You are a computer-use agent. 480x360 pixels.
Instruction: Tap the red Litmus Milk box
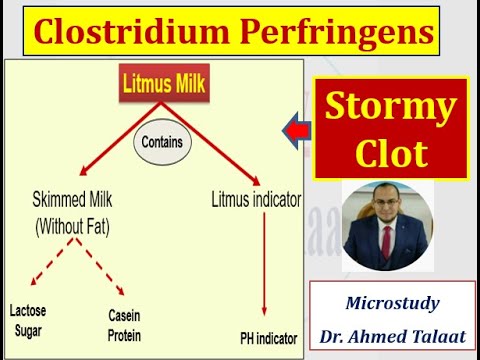[164, 84]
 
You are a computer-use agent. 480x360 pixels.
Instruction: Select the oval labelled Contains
[162, 142]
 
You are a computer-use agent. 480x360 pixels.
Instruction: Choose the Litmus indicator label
[257, 200]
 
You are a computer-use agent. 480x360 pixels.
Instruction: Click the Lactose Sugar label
[29, 317]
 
